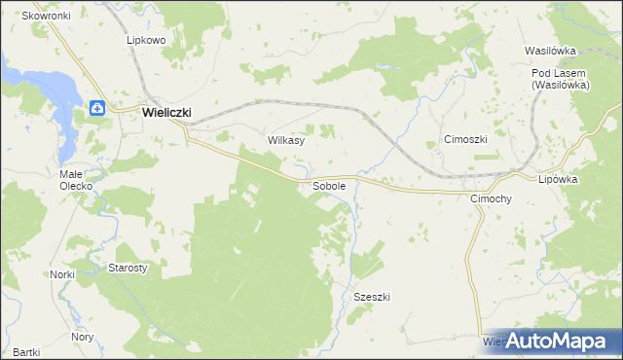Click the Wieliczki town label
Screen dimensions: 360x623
coord(166,112)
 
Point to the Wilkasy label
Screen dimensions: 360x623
coord(286,140)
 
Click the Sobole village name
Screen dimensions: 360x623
coord(329,185)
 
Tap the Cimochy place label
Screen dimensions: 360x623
coord(491,198)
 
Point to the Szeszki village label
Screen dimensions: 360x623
coord(372,297)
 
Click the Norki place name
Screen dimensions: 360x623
coord(62,274)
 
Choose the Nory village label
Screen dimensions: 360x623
coord(83,337)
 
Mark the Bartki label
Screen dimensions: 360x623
coord(26,351)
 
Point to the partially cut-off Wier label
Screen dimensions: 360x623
coord(494,342)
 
